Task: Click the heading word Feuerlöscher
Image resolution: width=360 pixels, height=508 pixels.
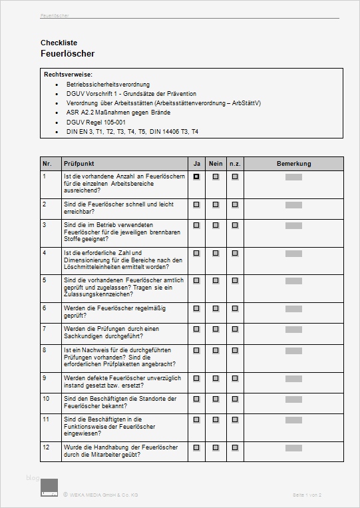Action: [x=67, y=53]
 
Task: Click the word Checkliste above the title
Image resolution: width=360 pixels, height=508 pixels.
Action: [x=58, y=43]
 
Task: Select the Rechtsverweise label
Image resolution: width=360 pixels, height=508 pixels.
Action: [x=68, y=74]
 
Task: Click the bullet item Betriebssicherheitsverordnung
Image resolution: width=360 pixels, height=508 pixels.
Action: [x=108, y=85]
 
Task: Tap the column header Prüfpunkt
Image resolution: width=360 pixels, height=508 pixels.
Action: [x=78, y=164]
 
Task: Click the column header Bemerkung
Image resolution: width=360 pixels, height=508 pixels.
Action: [x=293, y=164]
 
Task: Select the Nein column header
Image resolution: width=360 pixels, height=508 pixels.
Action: [x=216, y=164]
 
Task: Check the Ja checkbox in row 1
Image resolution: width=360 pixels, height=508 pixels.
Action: [x=196, y=177]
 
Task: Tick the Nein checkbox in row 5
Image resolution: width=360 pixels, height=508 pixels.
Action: [x=216, y=281]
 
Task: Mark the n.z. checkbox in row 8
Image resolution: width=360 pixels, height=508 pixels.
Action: [x=235, y=350]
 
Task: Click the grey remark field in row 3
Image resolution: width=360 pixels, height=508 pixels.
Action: [x=293, y=225]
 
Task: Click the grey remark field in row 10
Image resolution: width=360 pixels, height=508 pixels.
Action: [x=293, y=399]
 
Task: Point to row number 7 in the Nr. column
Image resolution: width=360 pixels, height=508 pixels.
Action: [x=45, y=328]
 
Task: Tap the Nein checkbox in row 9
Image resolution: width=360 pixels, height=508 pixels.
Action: [x=216, y=378]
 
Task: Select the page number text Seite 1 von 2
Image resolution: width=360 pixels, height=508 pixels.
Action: [x=307, y=495]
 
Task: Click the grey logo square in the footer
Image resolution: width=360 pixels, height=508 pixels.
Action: [x=49, y=487]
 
